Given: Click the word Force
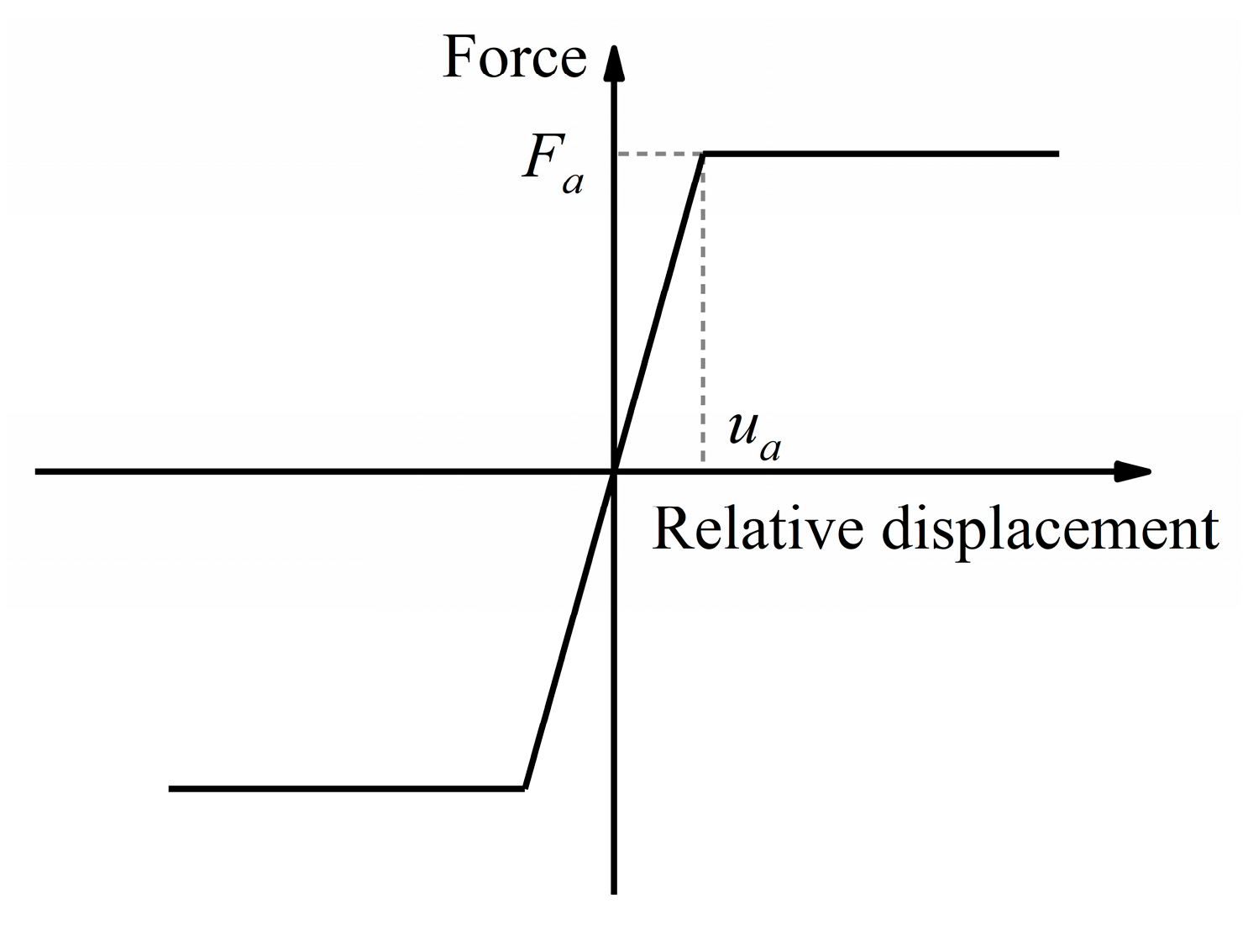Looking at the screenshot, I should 514,58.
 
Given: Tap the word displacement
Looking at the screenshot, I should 1050,531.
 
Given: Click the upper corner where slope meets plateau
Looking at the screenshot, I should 703,154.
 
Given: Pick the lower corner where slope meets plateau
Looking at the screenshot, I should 524,788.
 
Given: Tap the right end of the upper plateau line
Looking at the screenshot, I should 1058,154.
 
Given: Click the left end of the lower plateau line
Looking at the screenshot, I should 170,789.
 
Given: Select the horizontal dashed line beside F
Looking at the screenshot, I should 660,154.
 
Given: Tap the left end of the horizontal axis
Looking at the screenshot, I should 37,471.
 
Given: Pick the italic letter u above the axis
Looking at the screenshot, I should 742,432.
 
